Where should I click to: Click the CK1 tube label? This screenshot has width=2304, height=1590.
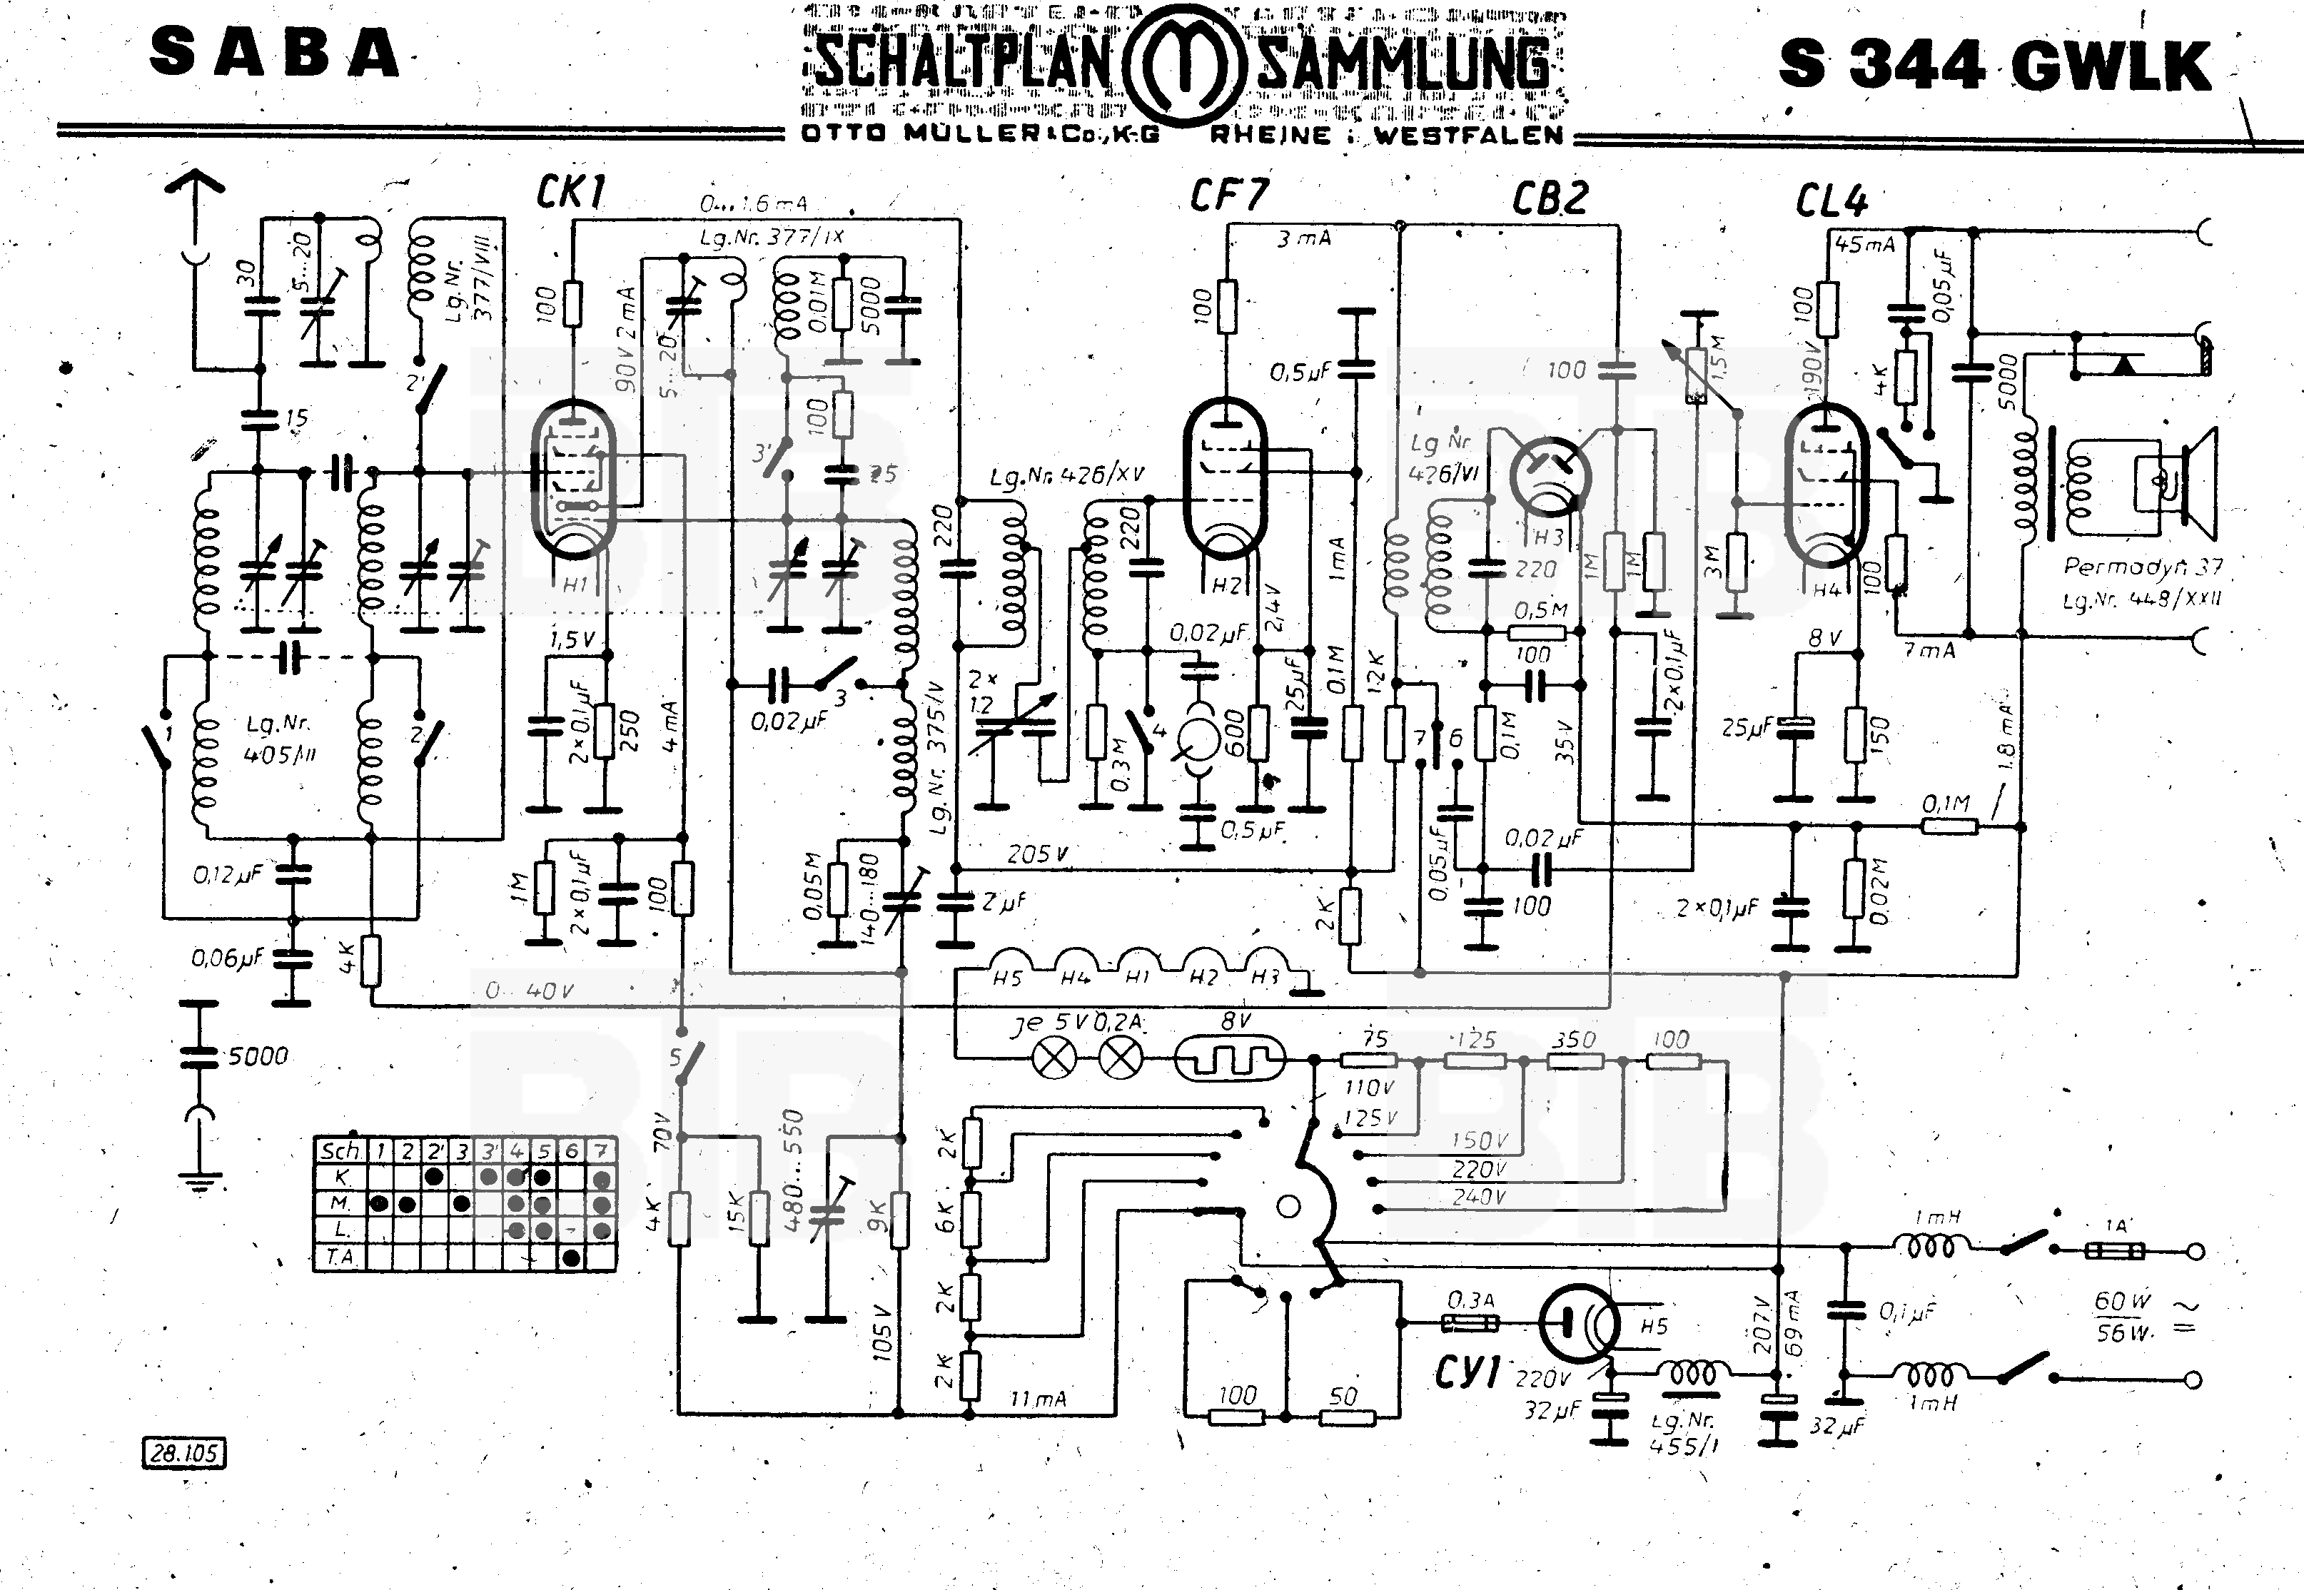[x=571, y=191]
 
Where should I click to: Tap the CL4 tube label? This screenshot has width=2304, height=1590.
[x=1831, y=202]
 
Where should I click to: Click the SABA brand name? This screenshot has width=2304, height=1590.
[x=275, y=54]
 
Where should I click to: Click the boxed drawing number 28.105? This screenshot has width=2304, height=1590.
[x=184, y=1454]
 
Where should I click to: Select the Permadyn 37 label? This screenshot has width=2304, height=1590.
[x=2142, y=567]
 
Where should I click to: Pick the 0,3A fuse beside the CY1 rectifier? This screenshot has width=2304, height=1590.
[x=1469, y=1323]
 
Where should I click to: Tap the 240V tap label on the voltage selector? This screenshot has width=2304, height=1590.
[x=1477, y=1197]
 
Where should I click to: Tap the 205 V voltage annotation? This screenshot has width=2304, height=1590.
[x=1037, y=854]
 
